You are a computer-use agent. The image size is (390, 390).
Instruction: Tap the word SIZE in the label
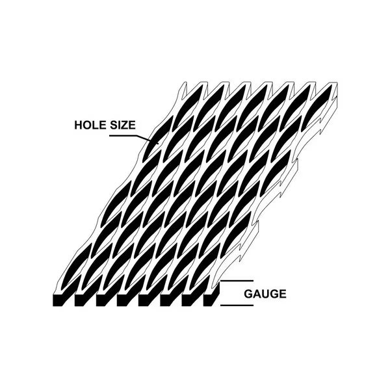point(122,125)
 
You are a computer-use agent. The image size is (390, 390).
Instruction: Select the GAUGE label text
point(265,294)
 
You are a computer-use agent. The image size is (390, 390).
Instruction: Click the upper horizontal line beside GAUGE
point(238,281)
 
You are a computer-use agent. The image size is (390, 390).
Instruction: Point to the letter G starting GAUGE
point(248,294)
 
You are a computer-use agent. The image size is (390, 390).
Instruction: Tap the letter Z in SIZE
point(126,125)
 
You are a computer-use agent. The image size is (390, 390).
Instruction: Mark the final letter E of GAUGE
point(282,294)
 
